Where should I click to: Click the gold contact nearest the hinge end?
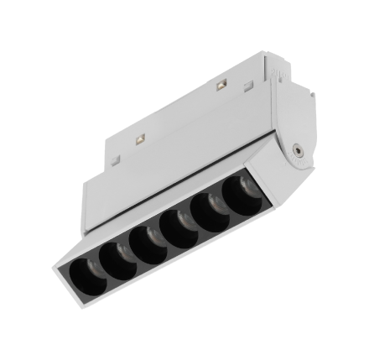click(x=221, y=86)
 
